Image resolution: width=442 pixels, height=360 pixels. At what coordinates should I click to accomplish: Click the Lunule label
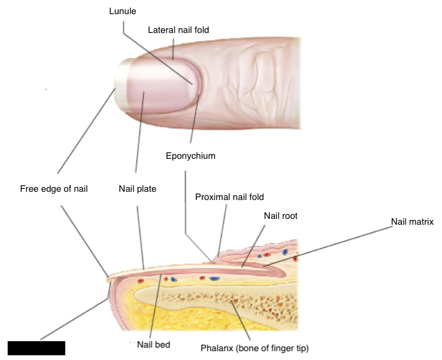coord(123,11)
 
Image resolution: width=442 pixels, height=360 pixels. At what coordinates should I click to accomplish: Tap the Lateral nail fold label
coord(178,29)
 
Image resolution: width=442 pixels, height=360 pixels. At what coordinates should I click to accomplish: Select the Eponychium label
coord(190,156)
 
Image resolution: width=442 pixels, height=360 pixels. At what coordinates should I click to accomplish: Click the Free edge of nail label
coord(53,189)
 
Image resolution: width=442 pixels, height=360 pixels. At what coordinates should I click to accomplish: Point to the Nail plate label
coord(137,189)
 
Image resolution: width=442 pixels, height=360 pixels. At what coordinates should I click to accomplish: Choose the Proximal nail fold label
coord(229,197)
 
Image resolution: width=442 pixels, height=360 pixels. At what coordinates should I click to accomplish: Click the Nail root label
coord(280,216)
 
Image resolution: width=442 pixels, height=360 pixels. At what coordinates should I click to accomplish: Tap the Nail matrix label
coord(412,222)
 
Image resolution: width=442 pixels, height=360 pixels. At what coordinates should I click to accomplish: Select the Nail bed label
coord(153,345)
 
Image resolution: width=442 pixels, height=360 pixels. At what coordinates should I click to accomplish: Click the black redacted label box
coord(36,348)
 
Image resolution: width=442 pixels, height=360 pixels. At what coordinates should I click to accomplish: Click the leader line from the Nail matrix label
coord(341,242)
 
